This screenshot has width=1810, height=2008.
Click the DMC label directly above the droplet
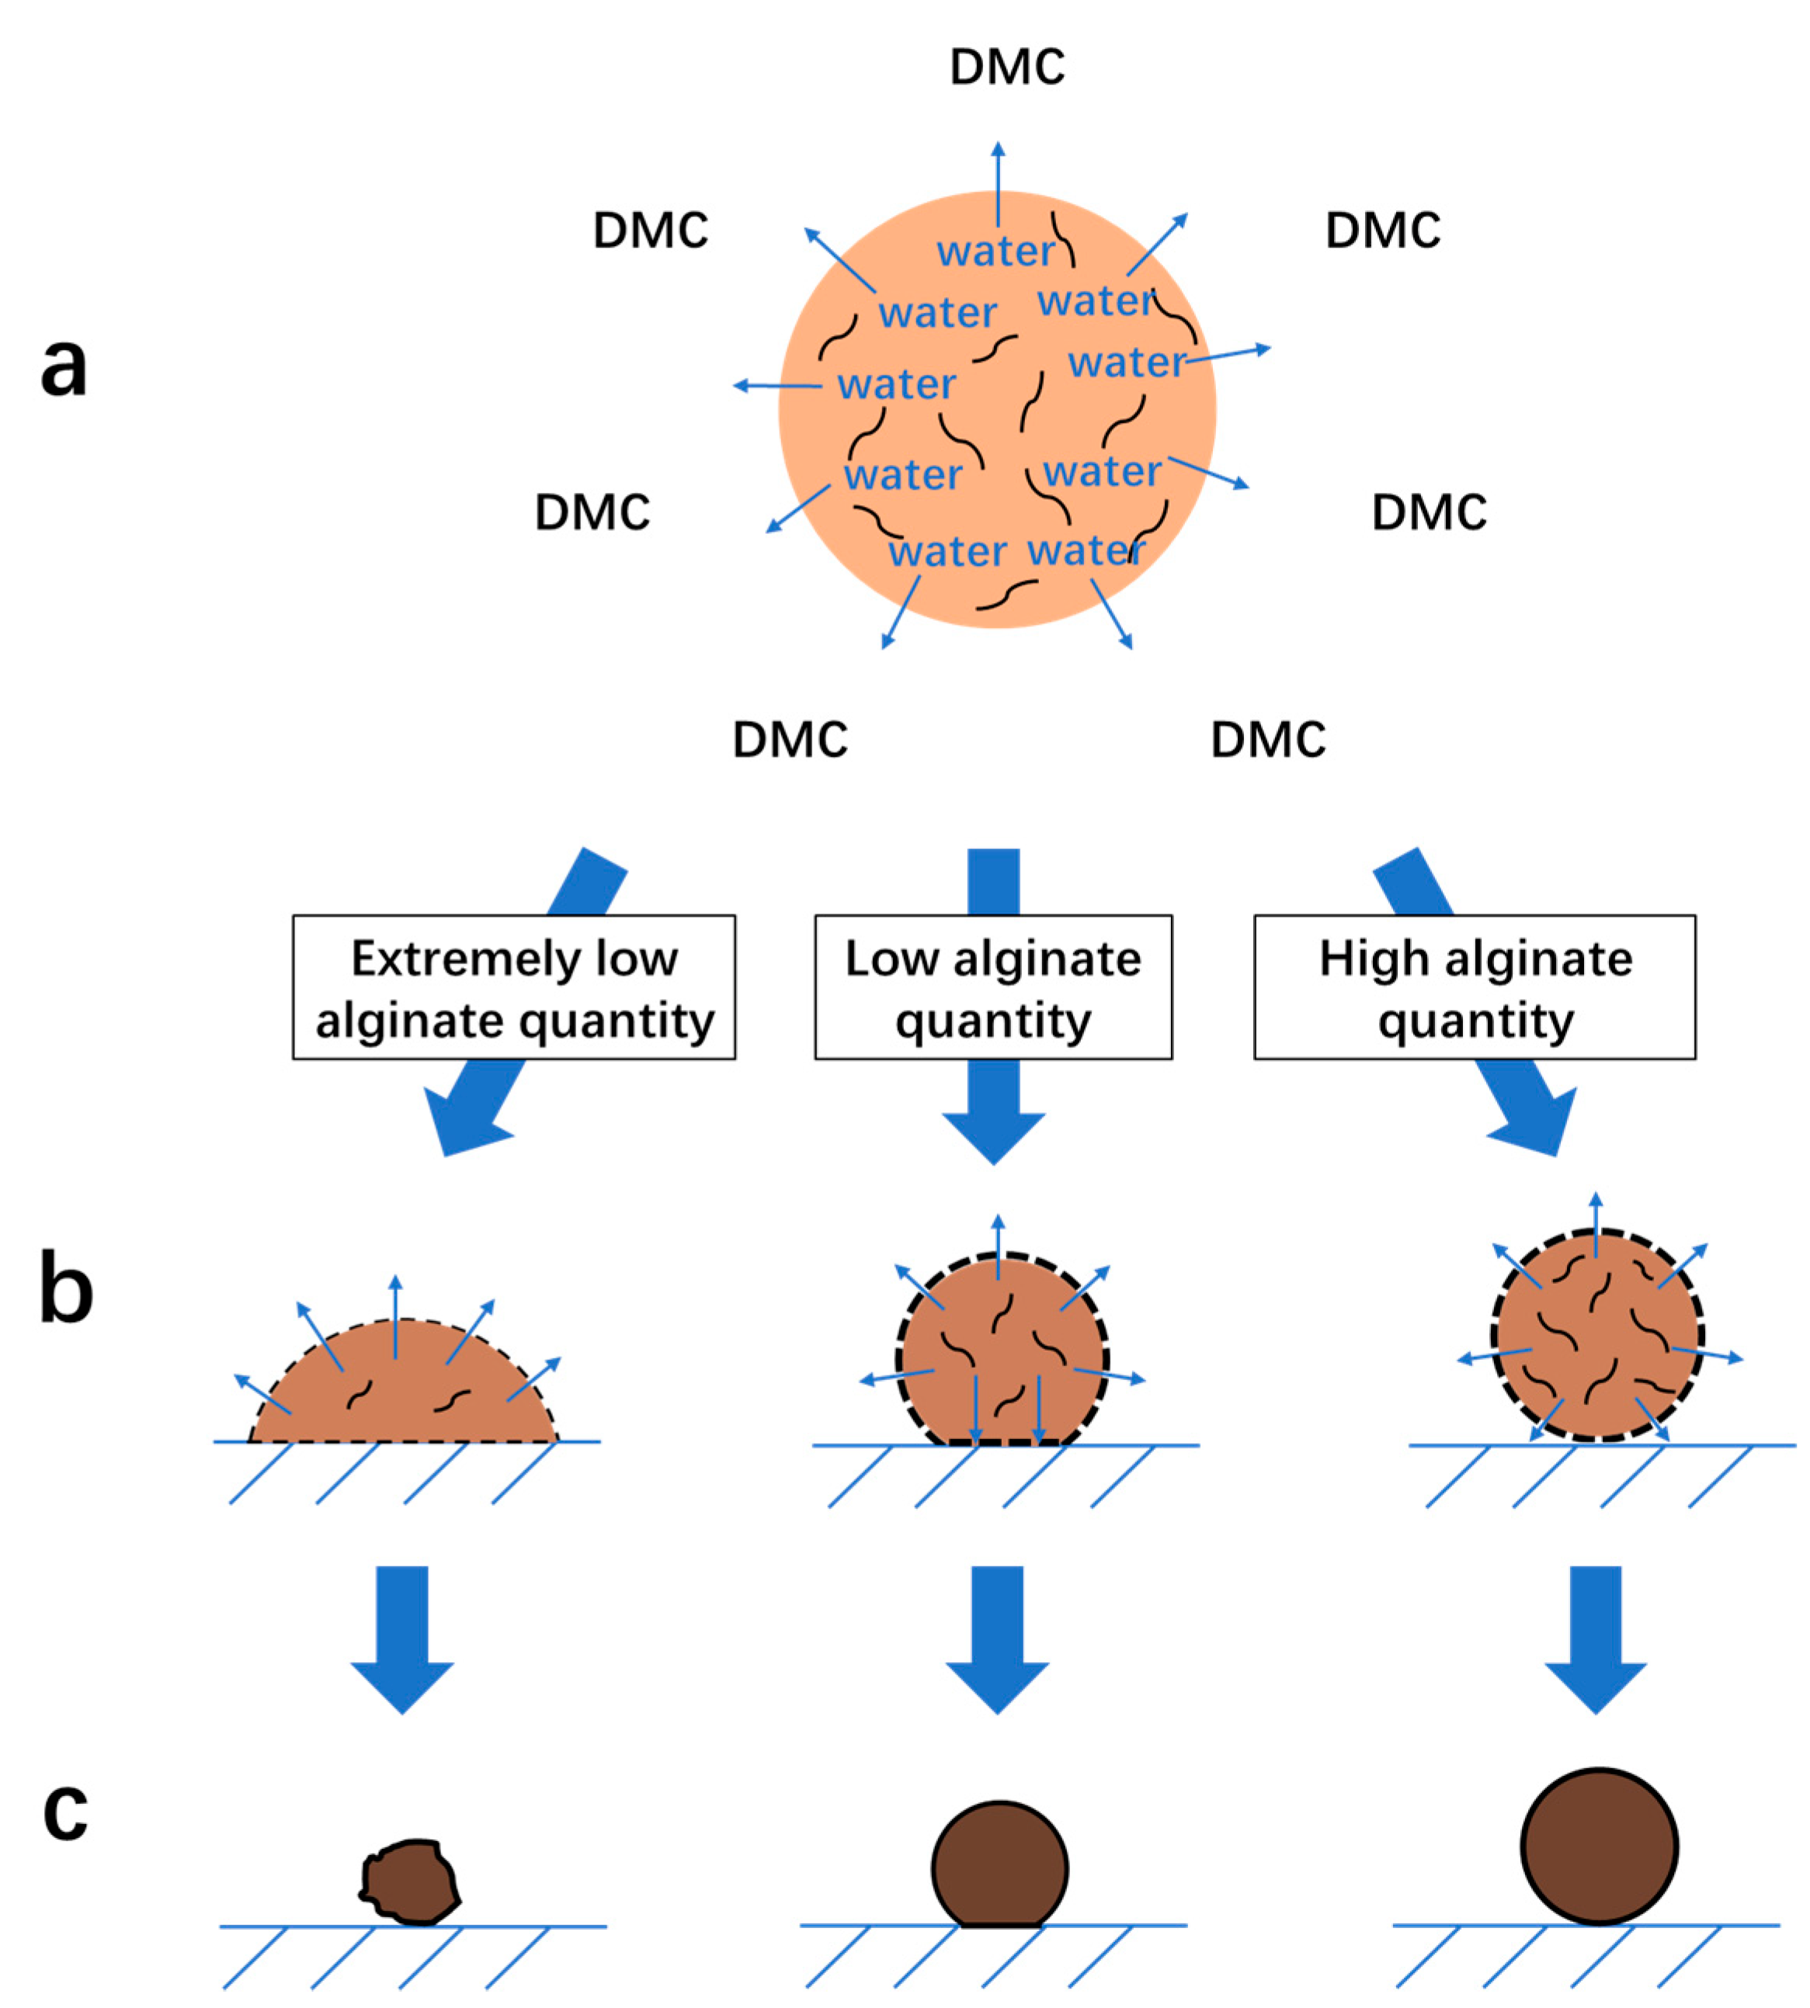(1006, 68)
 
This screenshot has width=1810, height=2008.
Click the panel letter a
(64, 365)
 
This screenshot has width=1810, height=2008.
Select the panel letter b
(66, 1290)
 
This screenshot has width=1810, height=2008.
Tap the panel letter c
(66, 1809)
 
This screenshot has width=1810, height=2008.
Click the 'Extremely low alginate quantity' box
(513, 987)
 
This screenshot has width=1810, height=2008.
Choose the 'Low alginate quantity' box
(992, 987)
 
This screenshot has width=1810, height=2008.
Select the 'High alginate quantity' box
(1475, 987)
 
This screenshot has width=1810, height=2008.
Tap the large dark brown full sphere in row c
(1598, 1846)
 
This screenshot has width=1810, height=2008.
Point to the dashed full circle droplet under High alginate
(1596, 1335)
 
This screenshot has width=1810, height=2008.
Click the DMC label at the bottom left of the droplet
(790, 740)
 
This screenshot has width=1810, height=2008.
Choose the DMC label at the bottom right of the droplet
(1268, 740)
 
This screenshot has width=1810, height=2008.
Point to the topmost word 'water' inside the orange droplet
(995, 251)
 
